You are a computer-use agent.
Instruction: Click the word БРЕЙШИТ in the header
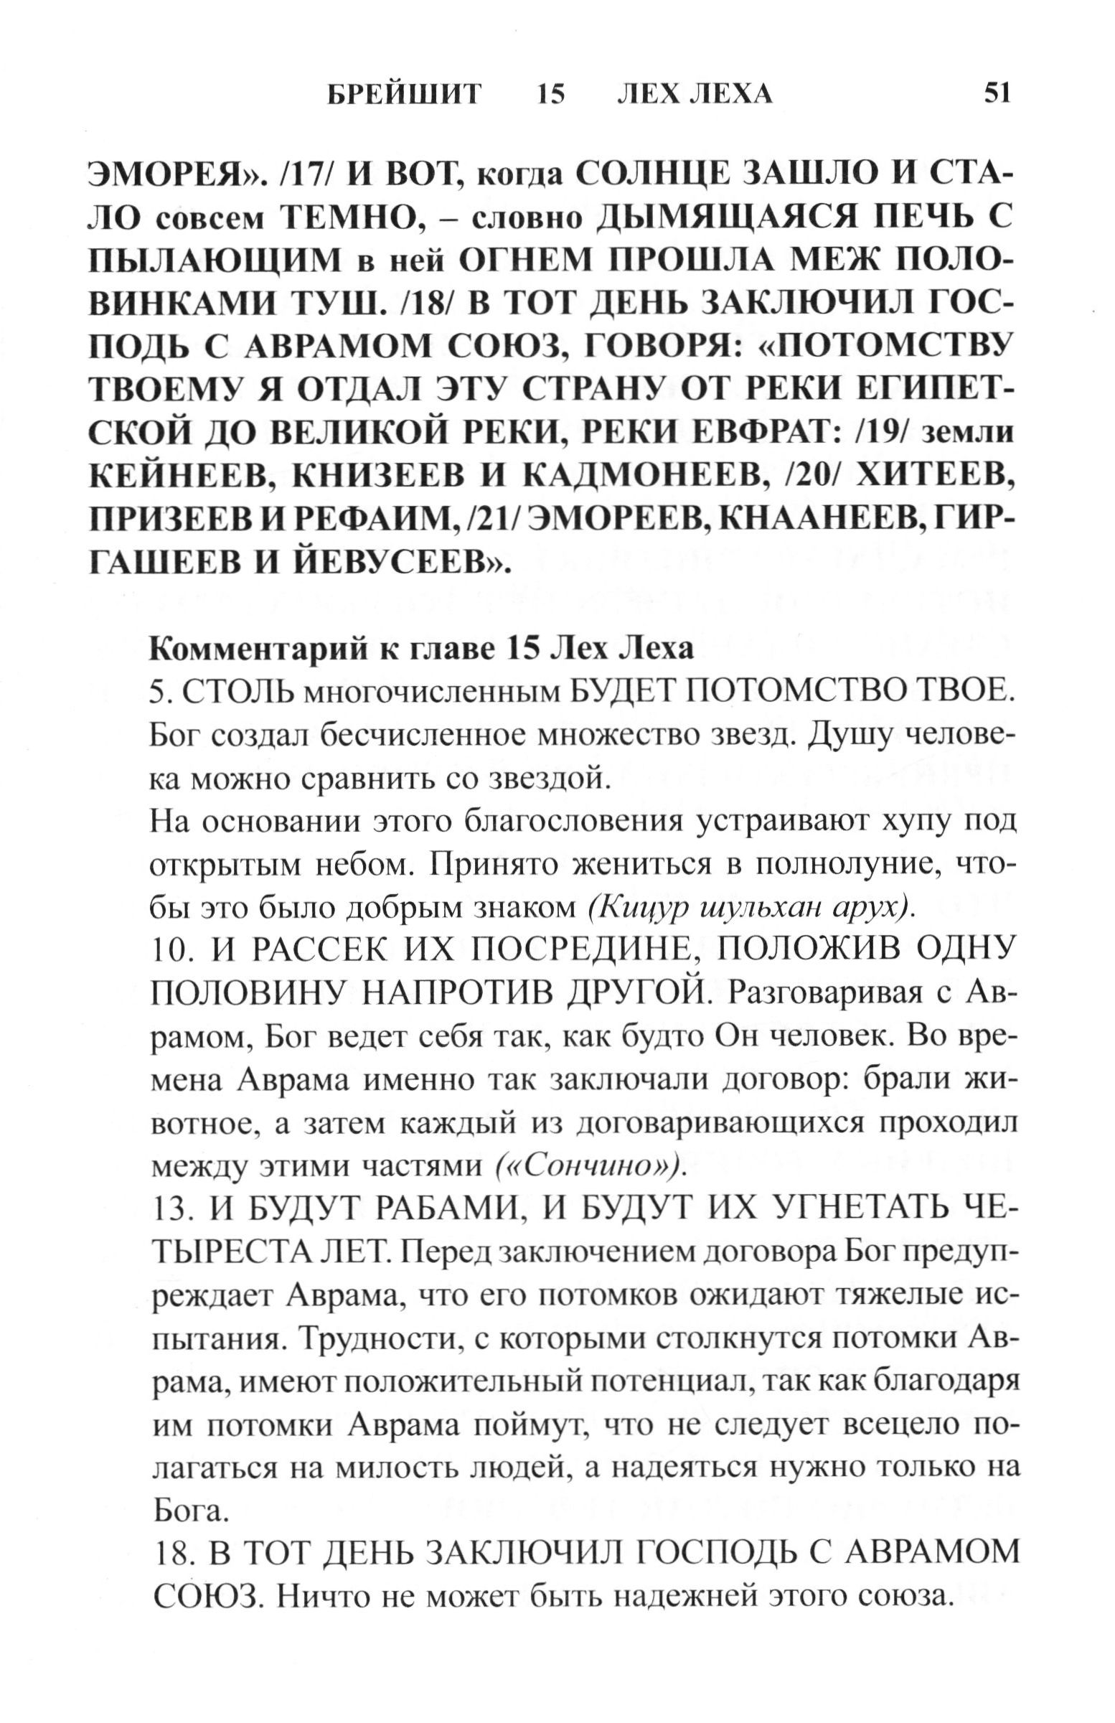pos(404,95)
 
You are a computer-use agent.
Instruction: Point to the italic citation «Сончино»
pos(590,1167)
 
